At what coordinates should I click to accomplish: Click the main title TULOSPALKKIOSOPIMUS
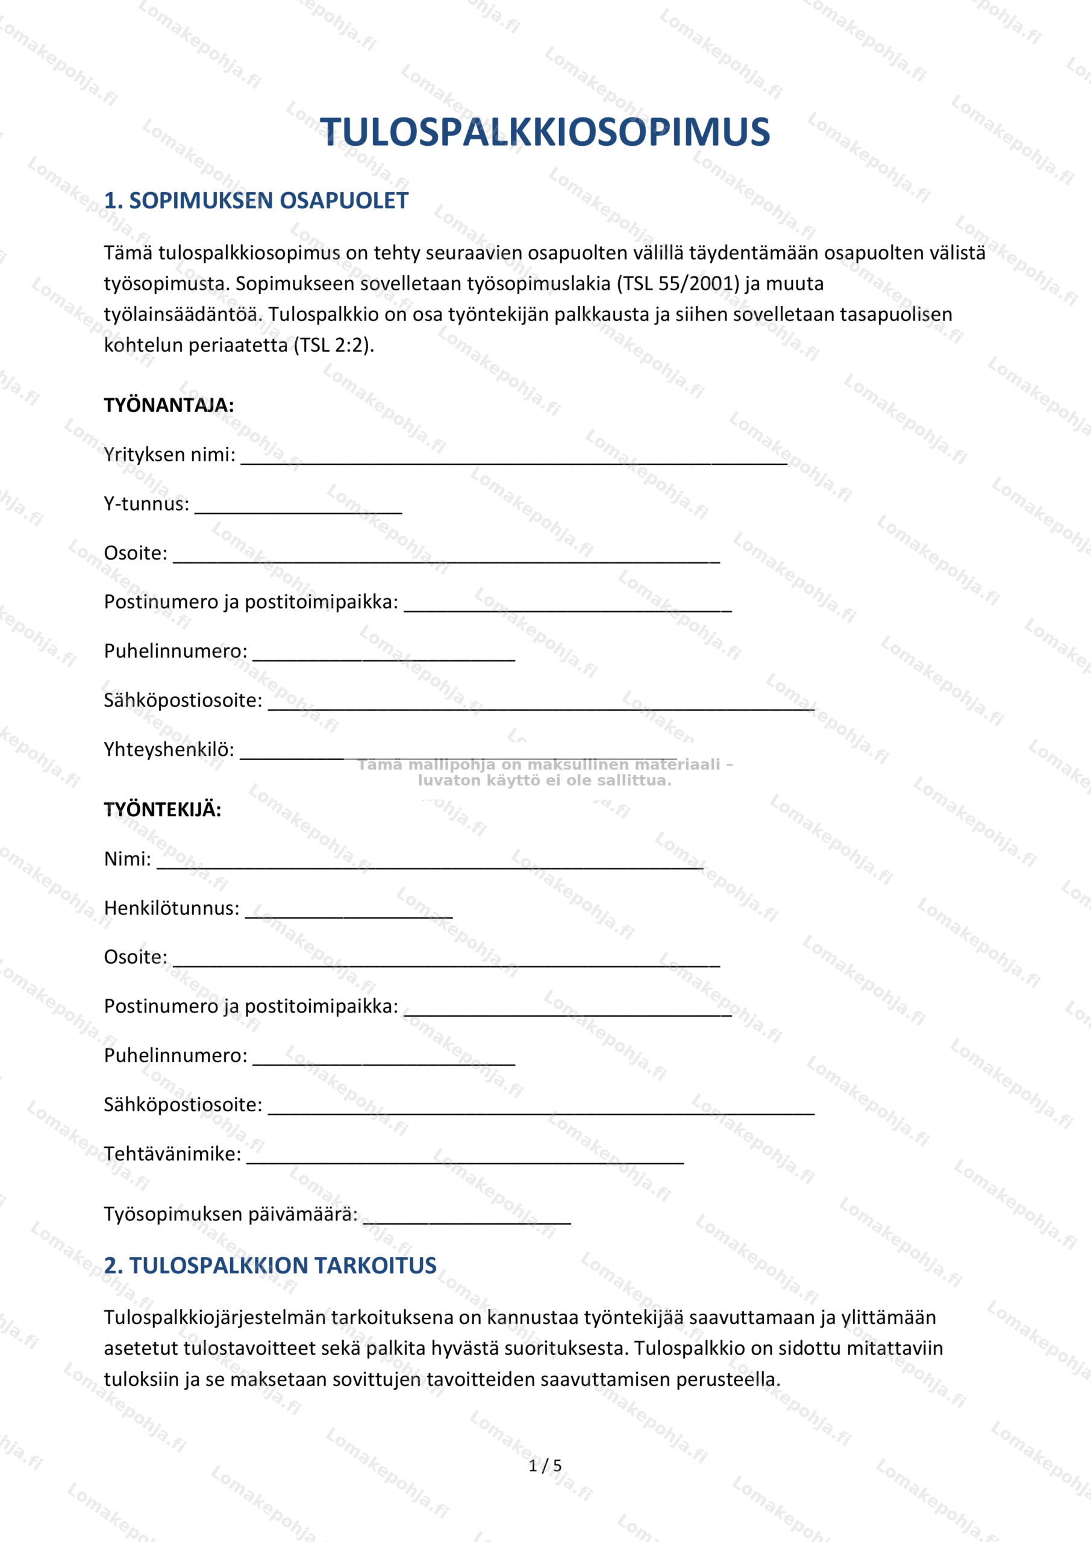click(545, 133)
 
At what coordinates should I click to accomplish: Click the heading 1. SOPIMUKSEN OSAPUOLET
click(256, 200)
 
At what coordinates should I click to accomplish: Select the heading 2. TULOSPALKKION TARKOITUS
click(270, 1266)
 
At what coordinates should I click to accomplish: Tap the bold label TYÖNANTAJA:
click(169, 405)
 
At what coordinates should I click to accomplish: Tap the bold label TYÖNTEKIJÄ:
click(163, 810)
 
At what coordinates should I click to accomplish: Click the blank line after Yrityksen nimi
click(514, 460)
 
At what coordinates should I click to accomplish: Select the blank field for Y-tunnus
click(298, 509)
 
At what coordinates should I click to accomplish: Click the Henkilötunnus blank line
click(349, 913)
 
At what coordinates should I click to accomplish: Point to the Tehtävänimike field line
click(465, 1159)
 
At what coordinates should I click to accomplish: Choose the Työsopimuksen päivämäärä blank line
click(467, 1220)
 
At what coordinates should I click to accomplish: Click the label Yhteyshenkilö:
click(169, 749)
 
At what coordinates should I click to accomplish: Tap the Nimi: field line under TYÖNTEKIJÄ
click(430, 864)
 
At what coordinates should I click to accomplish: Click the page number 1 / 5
click(545, 1466)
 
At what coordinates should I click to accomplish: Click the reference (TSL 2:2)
click(333, 345)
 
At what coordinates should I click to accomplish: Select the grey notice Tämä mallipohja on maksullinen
click(545, 772)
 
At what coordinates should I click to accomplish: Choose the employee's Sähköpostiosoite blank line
click(541, 1110)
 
